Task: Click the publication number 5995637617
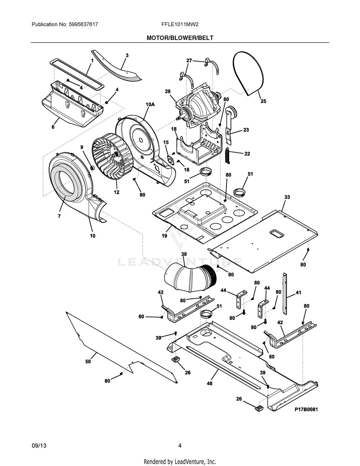[84, 24]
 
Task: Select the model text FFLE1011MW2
[180, 24]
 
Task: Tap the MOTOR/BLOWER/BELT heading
[180, 38]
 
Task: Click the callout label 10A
[150, 104]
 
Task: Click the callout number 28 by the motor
[167, 91]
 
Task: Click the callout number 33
[287, 197]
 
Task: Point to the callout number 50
[88, 361]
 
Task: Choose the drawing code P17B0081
[306, 409]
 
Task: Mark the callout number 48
[210, 383]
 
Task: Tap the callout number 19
[165, 236]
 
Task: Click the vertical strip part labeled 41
[285, 294]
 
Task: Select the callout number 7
[59, 216]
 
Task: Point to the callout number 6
[53, 127]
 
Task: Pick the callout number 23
[246, 130]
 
